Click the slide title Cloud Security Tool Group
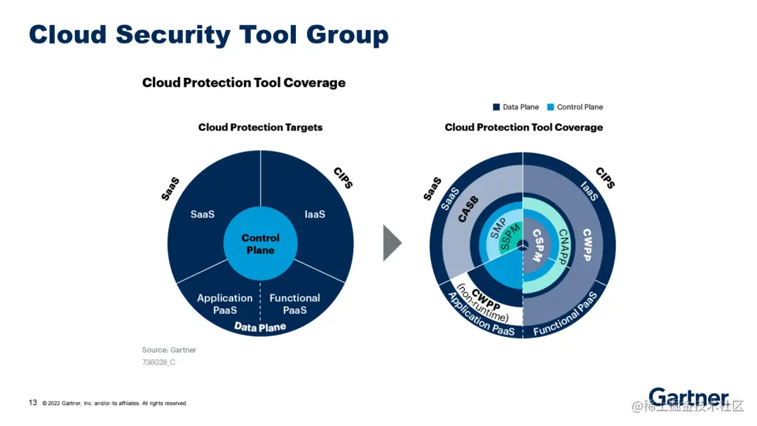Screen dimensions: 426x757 point(208,34)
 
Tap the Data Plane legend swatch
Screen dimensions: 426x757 point(496,107)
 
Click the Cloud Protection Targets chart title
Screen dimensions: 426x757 point(260,128)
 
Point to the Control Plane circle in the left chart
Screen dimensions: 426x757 point(260,244)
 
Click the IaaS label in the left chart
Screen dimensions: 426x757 point(315,214)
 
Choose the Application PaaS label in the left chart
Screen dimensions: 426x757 point(224,303)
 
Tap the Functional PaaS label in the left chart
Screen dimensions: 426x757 point(294,303)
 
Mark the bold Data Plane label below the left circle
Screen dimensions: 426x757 point(260,327)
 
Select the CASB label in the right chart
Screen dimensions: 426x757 point(468,209)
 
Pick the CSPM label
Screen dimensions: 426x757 point(537,245)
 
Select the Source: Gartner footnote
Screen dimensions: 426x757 point(169,350)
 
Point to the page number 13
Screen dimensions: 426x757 point(33,403)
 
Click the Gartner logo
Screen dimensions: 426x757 point(688,397)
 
